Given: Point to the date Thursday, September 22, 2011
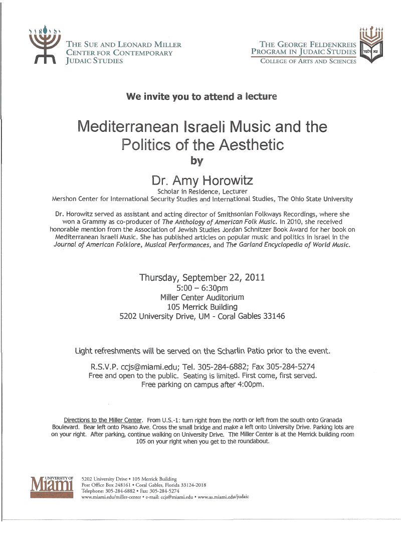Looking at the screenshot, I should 202,277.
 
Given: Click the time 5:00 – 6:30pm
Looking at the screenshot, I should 202,288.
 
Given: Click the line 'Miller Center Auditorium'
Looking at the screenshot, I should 202,297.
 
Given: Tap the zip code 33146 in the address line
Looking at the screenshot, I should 273,316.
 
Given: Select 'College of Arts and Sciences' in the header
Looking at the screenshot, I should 308,62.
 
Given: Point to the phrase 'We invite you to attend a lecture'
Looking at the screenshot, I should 202,96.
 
